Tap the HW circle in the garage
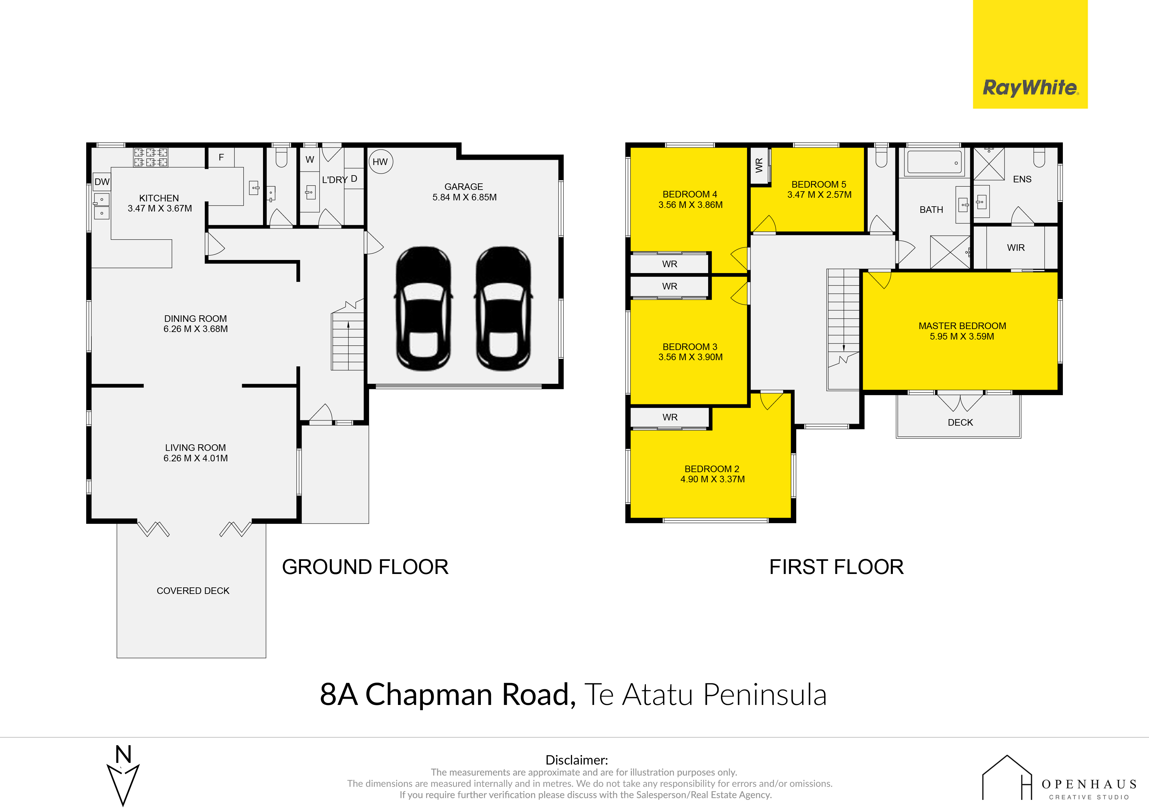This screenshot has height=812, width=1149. tap(380, 162)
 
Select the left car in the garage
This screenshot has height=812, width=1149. tap(424, 309)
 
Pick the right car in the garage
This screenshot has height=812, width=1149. tap(503, 309)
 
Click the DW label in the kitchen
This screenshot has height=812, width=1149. tap(102, 182)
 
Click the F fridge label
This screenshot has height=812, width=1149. tap(221, 157)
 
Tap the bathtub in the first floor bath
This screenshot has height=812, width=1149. tap(934, 162)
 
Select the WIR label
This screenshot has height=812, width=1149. tap(1016, 248)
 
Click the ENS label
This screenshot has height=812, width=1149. tap(1022, 179)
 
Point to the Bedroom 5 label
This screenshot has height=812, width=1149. tap(819, 184)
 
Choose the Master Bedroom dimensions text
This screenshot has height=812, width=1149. tap(962, 336)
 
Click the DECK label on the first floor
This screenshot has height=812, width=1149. tap(960, 422)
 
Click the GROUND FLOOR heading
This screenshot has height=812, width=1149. tap(365, 567)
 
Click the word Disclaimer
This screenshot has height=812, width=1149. tap(576, 760)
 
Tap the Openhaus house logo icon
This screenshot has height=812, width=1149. tap(1007, 778)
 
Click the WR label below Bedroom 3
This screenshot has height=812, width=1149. tap(670, 417)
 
